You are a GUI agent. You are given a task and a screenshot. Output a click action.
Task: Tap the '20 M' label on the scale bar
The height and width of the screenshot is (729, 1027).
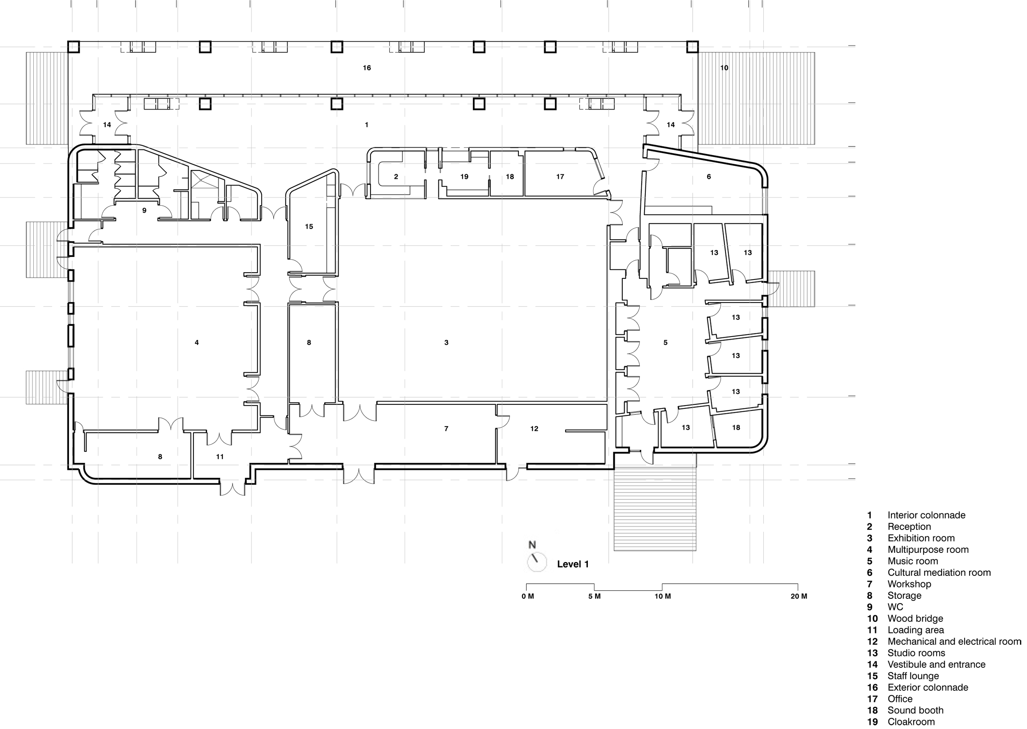[x=798, y=596]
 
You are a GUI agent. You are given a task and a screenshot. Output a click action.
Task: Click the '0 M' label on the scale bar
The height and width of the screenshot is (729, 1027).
[x=528, y=596]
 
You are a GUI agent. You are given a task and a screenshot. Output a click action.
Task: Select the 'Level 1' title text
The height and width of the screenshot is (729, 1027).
[x=573, y=564]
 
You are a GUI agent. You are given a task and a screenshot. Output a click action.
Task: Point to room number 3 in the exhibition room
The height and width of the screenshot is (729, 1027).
[x=446, y=342]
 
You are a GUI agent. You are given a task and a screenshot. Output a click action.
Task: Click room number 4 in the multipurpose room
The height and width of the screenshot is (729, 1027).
[x=197, y=342]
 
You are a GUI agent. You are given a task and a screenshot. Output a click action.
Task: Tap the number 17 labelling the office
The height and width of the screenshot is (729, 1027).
[x=560, y=177]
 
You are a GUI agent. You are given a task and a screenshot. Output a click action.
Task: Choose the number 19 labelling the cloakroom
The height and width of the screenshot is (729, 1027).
[x=464, y=177]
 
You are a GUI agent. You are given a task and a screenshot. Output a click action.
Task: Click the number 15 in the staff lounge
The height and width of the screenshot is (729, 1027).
[x=309, y=227]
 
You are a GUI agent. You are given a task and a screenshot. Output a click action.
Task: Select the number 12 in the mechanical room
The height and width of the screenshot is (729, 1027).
[x=534, y=429]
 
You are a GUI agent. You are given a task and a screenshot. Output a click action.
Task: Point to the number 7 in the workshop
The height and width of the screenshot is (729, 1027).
[x=446, y=429]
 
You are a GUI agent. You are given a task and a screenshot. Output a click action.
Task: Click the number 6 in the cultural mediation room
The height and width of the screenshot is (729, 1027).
[x=709, y=177]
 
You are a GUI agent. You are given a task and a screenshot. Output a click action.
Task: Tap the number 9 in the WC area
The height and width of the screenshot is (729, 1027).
[x=144, y=211]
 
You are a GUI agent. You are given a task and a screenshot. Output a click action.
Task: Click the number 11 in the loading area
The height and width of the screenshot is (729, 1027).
[x=220, y=456]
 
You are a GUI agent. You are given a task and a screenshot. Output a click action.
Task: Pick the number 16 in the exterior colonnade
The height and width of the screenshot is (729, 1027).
[x=366, y=68]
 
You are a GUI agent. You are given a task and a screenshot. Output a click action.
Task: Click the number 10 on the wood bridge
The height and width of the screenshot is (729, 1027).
[x=724, y=68]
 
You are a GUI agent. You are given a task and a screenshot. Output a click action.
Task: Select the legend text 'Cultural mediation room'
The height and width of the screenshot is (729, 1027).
[x=939, y=573]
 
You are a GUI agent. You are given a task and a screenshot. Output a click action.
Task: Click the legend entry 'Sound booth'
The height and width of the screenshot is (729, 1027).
[x=915, y=711]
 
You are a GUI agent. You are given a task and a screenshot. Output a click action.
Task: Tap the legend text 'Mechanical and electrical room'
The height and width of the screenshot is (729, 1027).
[x=954, y=642]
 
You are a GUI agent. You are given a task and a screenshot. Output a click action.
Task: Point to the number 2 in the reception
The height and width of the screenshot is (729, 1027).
[x=396, y=177]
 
